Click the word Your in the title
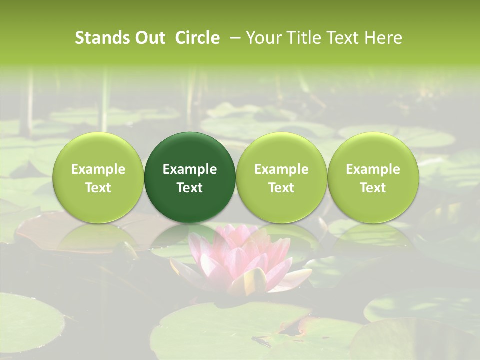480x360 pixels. coord(263,38)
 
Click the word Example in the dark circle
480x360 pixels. coord(190,169)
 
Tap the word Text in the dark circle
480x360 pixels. coord(190,188)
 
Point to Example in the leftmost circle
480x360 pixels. coord(98,169)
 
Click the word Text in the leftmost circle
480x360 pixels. coord(98,188)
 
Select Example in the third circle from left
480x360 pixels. coord(281,169)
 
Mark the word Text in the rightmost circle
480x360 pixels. coord(373,188)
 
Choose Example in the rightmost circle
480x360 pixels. coord(373,169)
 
